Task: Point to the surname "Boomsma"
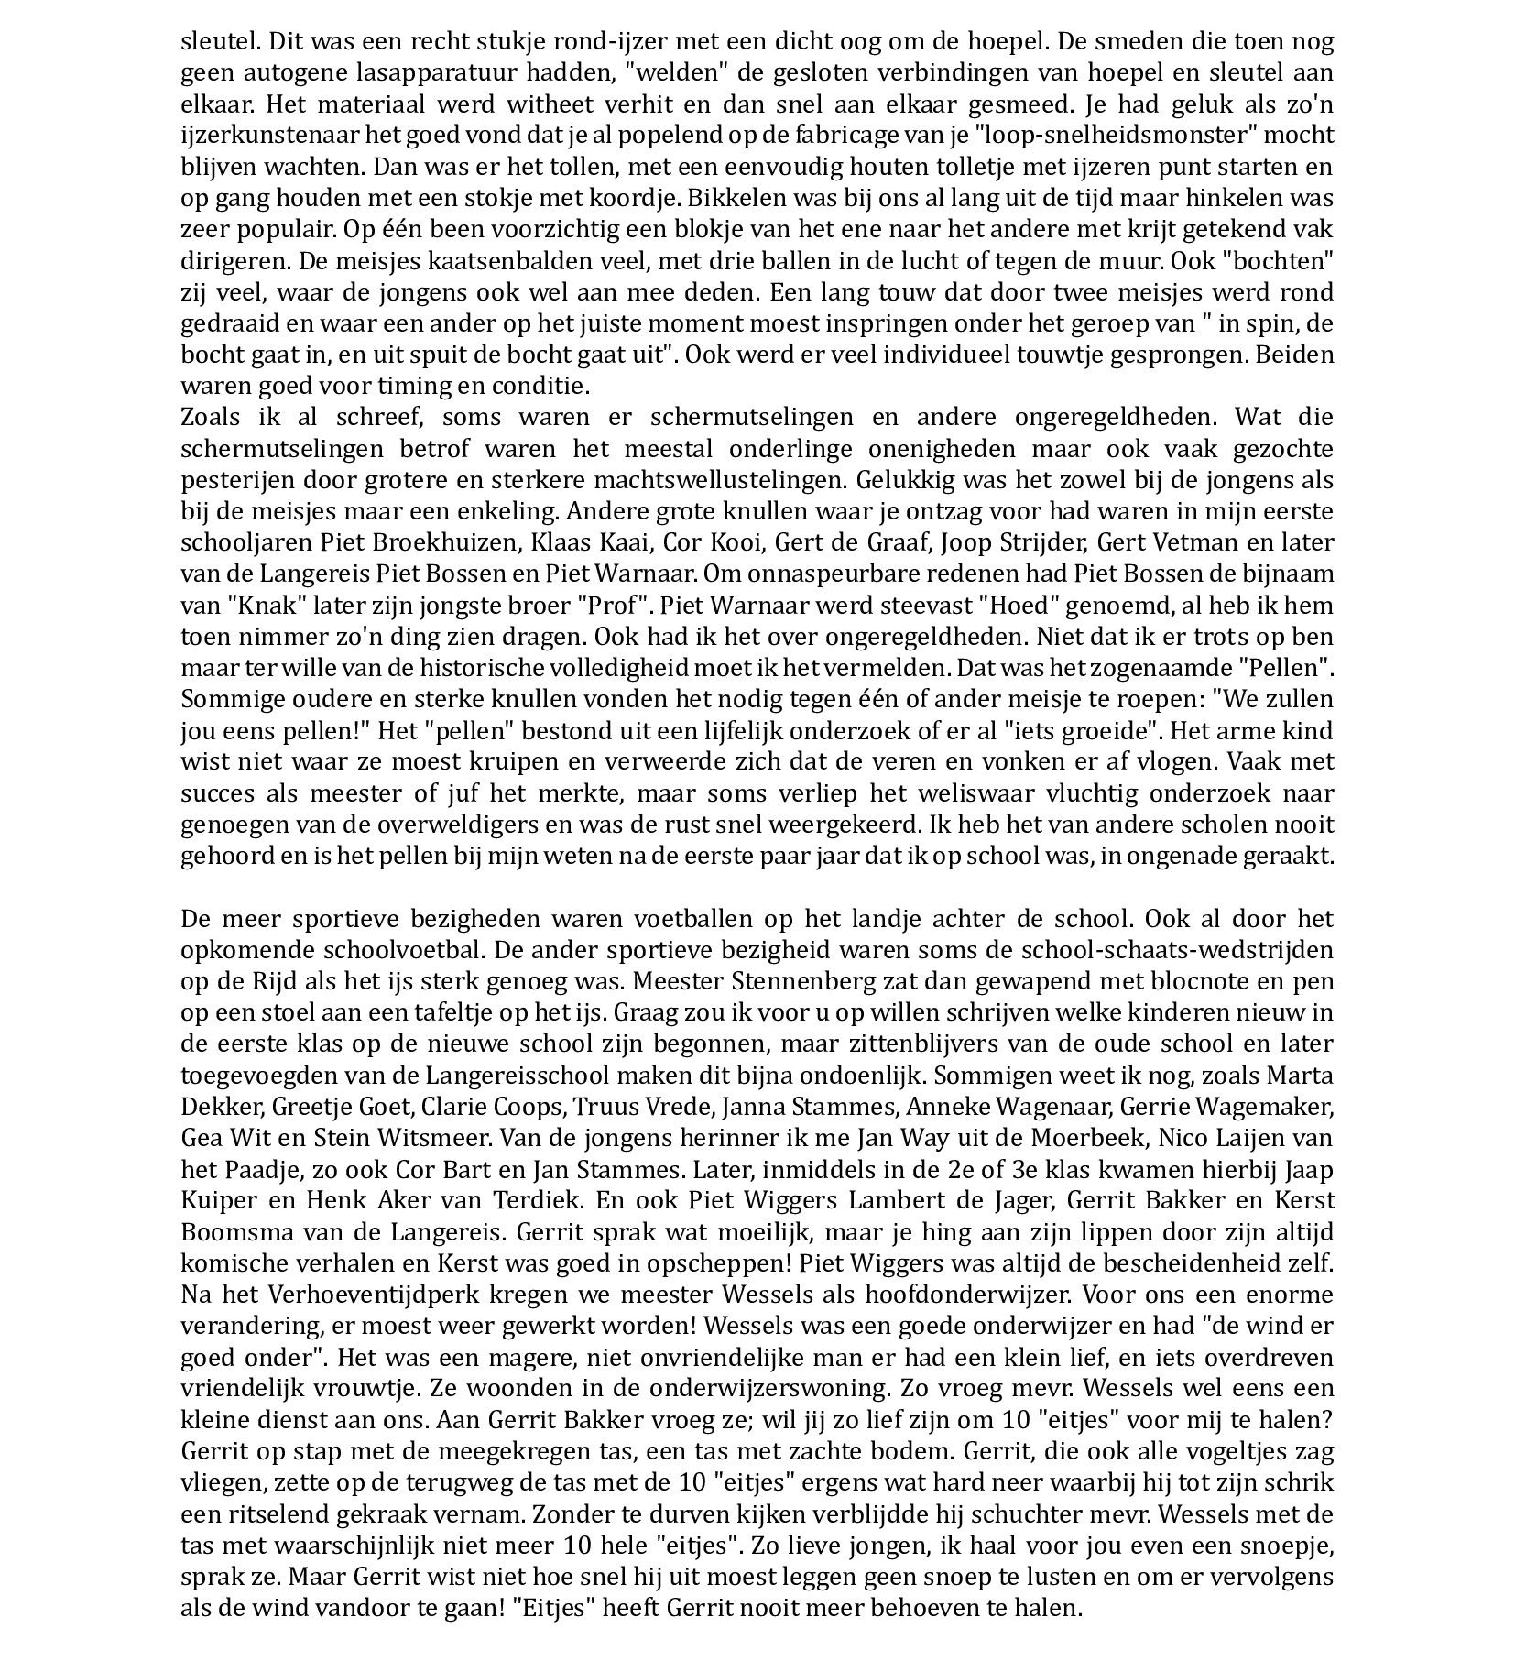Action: (240, 1231)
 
